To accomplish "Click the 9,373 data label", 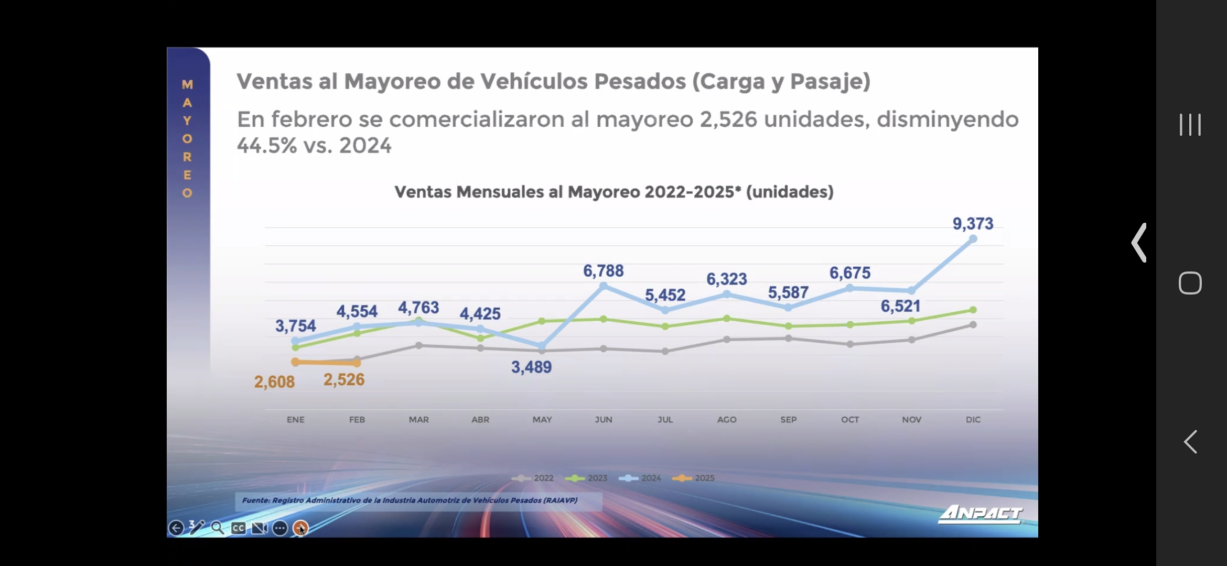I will [x=973, y=224].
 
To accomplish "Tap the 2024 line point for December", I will [x=973, y=239].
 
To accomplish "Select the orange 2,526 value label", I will [x=344, y=379].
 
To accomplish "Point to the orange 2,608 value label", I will [x=274, y=382].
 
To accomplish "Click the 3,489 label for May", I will [x=531, y=367].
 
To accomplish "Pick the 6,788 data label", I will [x=603, y=271].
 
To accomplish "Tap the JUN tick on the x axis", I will [x=604, y=419].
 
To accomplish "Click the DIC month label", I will [x=973, y=419].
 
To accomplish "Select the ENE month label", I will [x=295, y=419].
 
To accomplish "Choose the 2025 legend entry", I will [x=693, y=478].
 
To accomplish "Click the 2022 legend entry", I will [x=533, y=478].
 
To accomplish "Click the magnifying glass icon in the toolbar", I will [x=218, y=528].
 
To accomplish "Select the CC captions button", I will [x=239, y=528].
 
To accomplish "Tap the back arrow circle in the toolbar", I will [x=176, y=528].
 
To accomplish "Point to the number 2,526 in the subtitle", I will [x=728, y=119].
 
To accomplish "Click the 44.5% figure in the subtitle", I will [x=267, y=146].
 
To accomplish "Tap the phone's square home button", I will [x=1190, y=283].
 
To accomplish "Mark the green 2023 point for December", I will [x=973, y=310].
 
